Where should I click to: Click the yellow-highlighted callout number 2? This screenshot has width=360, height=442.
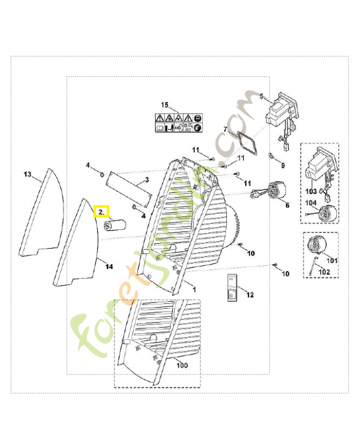100,212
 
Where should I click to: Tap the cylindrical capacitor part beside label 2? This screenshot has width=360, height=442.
115,225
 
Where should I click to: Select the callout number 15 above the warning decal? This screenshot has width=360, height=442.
165,105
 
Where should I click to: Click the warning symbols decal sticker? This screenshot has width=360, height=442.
179,123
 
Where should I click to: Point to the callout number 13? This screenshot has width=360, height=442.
27,174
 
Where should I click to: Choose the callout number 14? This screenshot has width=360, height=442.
109,266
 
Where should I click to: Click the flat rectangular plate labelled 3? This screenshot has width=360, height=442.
129,189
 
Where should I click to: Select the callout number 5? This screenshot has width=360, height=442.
261,96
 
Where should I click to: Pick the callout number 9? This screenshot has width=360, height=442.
283,165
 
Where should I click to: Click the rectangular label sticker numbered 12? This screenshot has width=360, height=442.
232,287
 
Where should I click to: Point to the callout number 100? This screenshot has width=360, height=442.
182,365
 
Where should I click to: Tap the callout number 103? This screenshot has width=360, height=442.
311,191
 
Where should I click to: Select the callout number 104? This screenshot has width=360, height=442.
311,203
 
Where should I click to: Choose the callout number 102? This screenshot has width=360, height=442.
324,272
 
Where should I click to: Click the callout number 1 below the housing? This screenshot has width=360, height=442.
194,289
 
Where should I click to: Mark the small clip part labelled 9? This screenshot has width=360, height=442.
271,156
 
